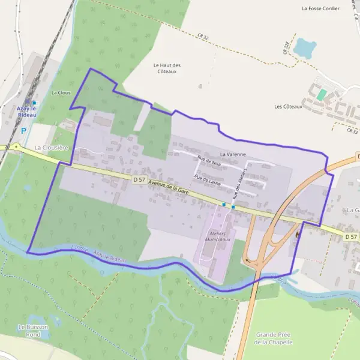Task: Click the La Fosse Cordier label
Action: click(x=320, y=9)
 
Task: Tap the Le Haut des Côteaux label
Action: click(x=167, y=68)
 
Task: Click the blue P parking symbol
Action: click(x=23, y=130)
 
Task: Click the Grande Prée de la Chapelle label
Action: click(x=274, y=338)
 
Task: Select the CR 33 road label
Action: click(x=352, y=130)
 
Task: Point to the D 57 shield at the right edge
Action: click(x=352, y=237)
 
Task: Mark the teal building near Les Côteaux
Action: click(x=322, y=95)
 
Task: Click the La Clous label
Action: click(x=61, y=93)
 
